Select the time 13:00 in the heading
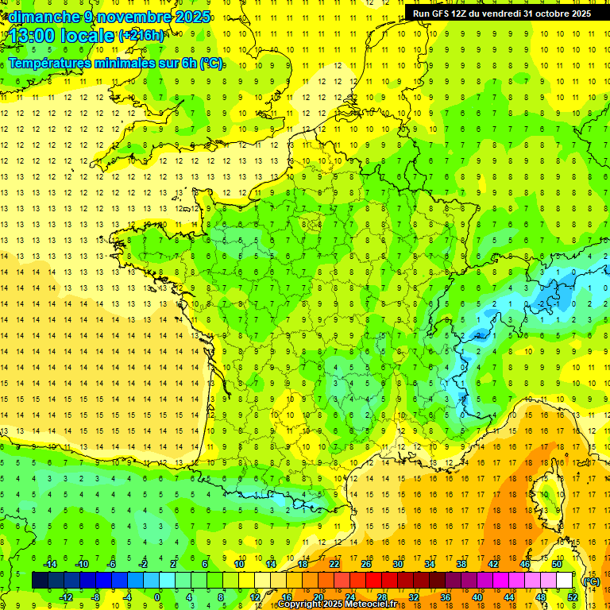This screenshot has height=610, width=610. (x=33, y=37)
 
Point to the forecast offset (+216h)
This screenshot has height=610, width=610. (x=141, y=36)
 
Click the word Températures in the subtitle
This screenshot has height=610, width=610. (x=48, y=64)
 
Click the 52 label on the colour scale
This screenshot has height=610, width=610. (x=573, y=597)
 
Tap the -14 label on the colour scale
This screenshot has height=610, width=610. (x=49, y=564)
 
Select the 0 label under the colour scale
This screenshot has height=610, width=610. (x=158, y=597)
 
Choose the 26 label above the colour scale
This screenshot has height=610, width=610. (x=366, y=564)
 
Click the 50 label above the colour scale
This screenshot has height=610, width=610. (x=557, y=564)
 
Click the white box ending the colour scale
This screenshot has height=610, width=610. (x=565, y=581)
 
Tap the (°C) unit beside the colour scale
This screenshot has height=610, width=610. (x=591, y=581)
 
